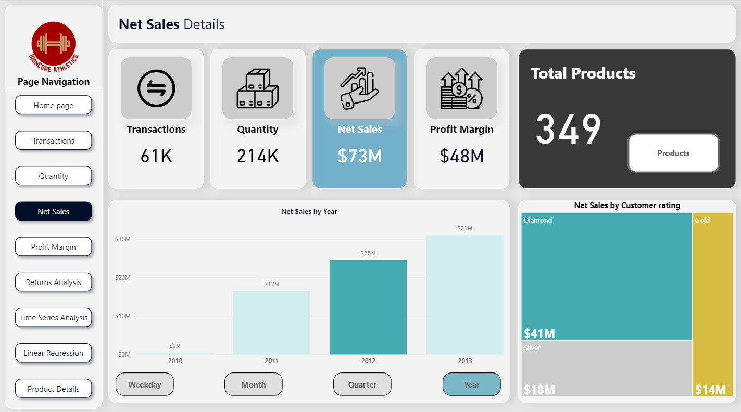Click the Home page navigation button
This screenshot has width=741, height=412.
click(x=54, y=105)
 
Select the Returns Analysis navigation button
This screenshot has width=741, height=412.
click(x=54, y=282)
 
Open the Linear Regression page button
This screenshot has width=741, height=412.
click(x=54, y=353)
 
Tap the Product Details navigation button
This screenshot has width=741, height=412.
click(x=54, y=389)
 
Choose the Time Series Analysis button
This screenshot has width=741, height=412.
click(x=54, y=318)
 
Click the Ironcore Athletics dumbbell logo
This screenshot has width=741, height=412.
click(x=54, y=44)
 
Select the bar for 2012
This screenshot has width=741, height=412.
click(x=368, y=307)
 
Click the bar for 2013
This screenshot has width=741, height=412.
click(x=464, y=295)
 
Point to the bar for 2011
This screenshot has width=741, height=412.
click(x=271, y=323)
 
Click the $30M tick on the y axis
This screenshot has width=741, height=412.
click(x=123, y=239)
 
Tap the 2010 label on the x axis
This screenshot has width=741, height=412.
click(x=175, y=360)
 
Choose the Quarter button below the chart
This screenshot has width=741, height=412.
click(x=362, y=384)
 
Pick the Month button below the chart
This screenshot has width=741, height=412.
click(x=254, y=384)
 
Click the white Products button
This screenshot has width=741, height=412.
click(x=673, y=153)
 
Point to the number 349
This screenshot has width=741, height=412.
click(x=568, y=130)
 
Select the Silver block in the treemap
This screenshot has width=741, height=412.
click(x=607, y=368)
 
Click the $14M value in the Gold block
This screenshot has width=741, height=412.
click(x=710, y=390)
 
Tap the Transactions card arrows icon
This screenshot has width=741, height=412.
click(x=156, y=88)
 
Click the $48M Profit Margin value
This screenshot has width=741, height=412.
click(x=462, y=156)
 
